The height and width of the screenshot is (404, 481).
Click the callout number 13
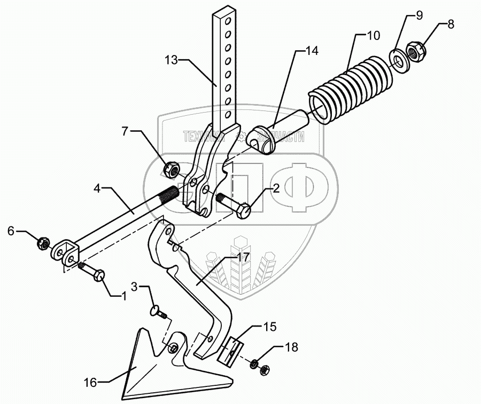172,60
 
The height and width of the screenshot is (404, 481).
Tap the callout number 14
311,51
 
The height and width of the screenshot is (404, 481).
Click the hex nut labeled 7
170,170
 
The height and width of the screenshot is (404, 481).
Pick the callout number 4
98,188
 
